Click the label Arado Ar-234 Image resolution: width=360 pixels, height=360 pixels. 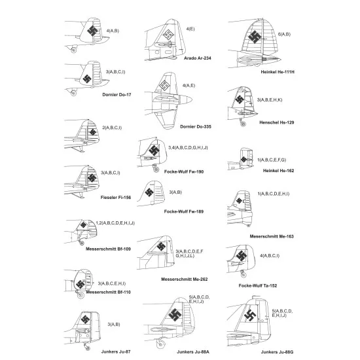click(x=197, y=58)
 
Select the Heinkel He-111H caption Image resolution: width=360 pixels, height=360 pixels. click(x=278, y=72)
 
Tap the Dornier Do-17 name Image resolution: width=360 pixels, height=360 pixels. click(x=117, y=95)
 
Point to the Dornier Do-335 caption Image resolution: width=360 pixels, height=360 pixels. click(x=196, y=126)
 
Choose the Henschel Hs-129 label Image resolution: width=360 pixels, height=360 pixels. click(x=276, y=122)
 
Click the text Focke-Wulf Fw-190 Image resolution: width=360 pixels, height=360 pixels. click(x=184, y=171)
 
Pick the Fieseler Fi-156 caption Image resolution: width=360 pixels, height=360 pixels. click(x=116, y=198)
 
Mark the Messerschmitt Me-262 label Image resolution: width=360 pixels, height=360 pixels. click(x=184, y=279)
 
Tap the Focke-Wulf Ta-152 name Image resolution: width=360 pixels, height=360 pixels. click(x=258, y=285)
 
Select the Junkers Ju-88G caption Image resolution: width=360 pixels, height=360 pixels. click(x=277, y=351)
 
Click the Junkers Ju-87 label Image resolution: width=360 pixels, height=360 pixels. click(x=116, y=351)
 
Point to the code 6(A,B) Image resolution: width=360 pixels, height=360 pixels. click(x=284, y=34)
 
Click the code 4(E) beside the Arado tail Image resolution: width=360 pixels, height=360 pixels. click(x=190, y=29)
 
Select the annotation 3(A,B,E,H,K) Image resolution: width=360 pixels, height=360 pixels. click(x=270, y=100)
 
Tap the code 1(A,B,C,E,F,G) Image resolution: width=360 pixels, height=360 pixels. click(x=272, y=160)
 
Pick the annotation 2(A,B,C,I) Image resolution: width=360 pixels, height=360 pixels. click(x=112, y=128)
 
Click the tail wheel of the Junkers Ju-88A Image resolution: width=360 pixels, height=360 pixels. click(x=160, y=344)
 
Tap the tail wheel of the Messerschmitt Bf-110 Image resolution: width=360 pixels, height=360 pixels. click(x=81, y=295)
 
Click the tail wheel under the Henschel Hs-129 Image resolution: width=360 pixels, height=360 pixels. click(x=243, y=124)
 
